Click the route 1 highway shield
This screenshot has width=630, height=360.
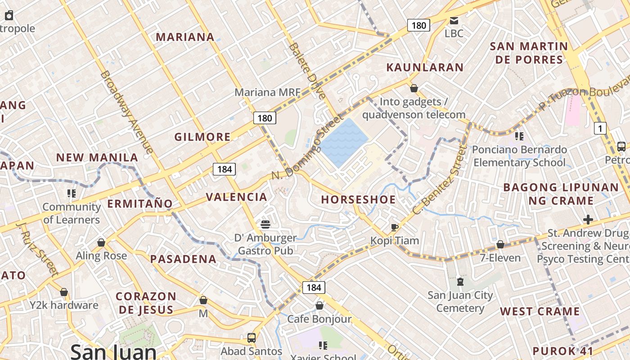(x=600, y=128)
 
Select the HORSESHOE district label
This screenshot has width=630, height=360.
(x=358, y=199)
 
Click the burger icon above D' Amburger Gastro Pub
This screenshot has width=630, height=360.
(x=265, y=224)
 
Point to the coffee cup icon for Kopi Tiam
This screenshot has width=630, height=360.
(x=395, y=227)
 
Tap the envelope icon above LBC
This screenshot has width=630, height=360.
(x=454, y=21)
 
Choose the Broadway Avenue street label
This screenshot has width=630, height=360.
(x=127, y=112)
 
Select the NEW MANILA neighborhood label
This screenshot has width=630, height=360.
(x=97, y=157)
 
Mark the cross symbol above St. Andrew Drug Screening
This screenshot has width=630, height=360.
(x=588, y=220)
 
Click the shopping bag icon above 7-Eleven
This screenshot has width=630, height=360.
(x=500, y=244)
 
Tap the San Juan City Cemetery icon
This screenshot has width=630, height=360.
(x=460, y=282)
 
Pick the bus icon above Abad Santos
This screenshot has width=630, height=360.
(x=252, y=337)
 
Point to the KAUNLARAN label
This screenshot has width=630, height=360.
(x=425, y=67)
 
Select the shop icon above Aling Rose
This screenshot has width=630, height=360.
(x=101, y=243)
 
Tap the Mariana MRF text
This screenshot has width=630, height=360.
(x=267, y=92)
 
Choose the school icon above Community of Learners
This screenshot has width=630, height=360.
(x=71, y=193)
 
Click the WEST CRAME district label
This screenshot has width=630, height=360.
(x=540, y=311)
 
